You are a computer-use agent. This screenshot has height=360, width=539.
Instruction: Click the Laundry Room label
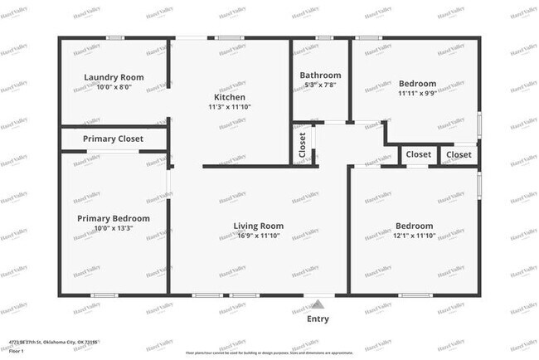point(114,77)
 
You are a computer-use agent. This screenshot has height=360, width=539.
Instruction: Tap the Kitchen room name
point(229,97)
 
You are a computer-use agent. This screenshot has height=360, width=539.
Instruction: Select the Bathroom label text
point(320,75)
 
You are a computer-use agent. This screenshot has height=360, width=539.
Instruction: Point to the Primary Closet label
point(114,139)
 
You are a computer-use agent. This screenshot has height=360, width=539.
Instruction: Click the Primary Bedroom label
point(114,218)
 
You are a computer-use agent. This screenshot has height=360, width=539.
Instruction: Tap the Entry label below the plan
point(318,319)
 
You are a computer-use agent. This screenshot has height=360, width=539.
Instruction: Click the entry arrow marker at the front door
point(315,305)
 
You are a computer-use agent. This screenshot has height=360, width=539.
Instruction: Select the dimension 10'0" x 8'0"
point(114,87)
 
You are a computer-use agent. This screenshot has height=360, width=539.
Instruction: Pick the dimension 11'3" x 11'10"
point(229,107)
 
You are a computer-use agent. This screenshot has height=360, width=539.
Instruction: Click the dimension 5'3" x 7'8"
point(320,85)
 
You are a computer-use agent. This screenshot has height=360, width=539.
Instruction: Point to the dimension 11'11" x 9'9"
point(416,94)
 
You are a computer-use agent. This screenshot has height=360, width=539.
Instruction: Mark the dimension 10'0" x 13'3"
point(114,228)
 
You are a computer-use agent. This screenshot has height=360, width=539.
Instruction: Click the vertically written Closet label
point(302,146)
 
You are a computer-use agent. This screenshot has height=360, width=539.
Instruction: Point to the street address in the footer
point(53,341)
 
